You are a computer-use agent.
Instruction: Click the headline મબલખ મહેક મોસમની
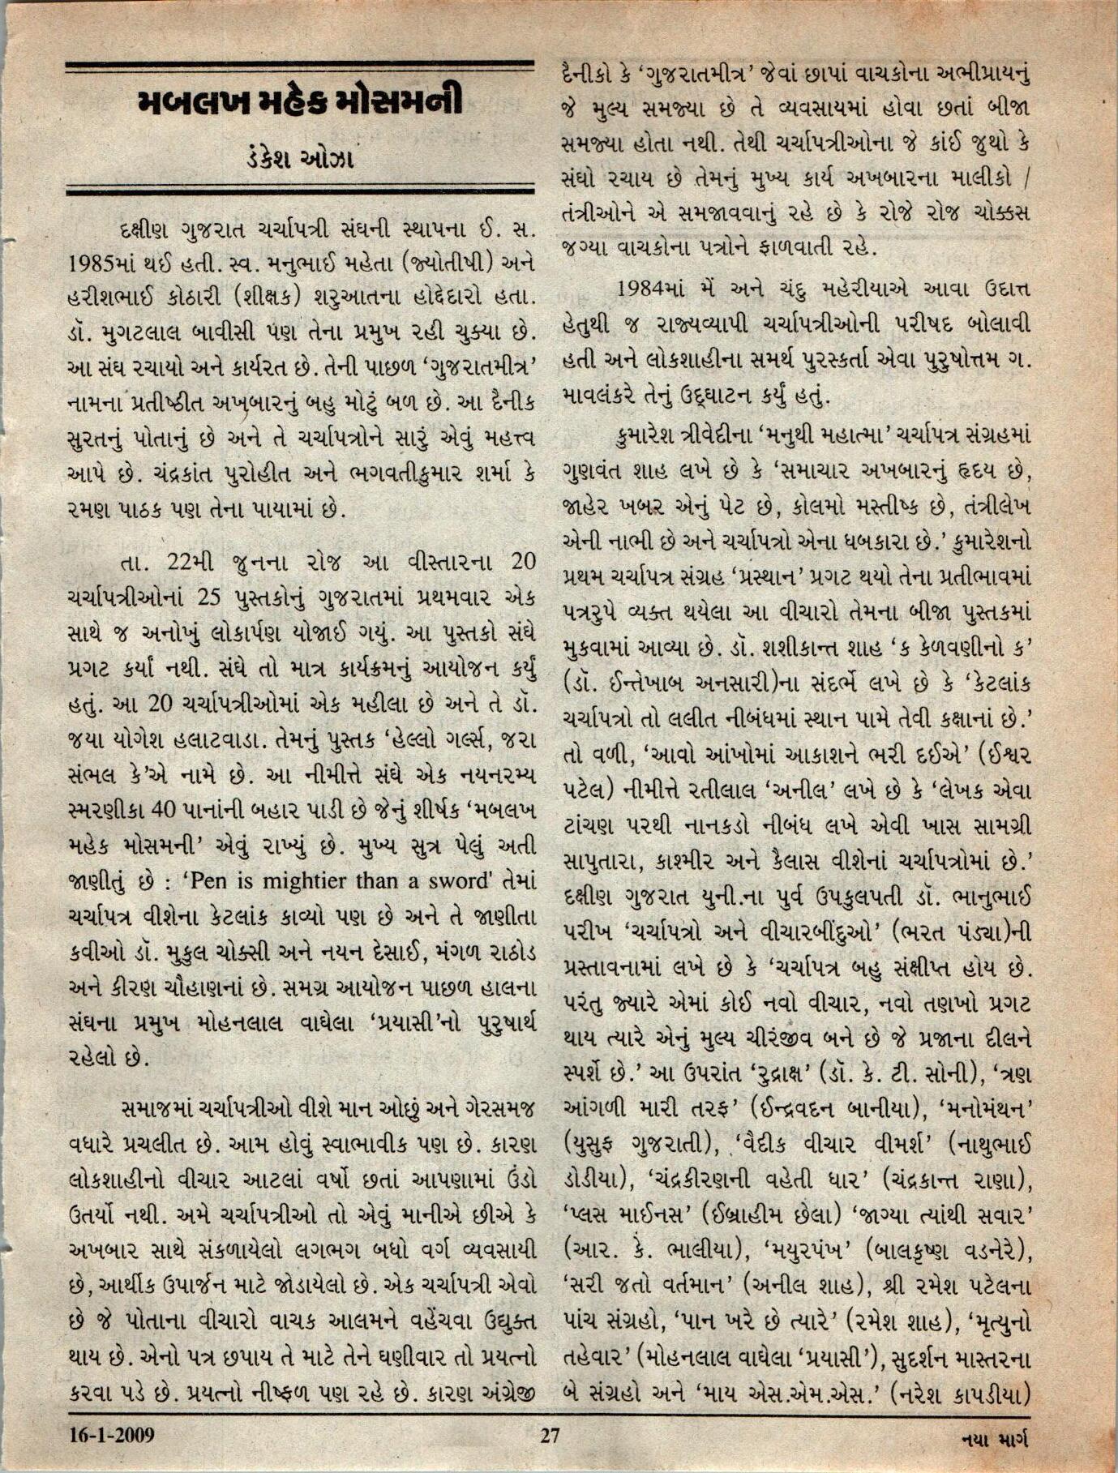click(299, 103)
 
